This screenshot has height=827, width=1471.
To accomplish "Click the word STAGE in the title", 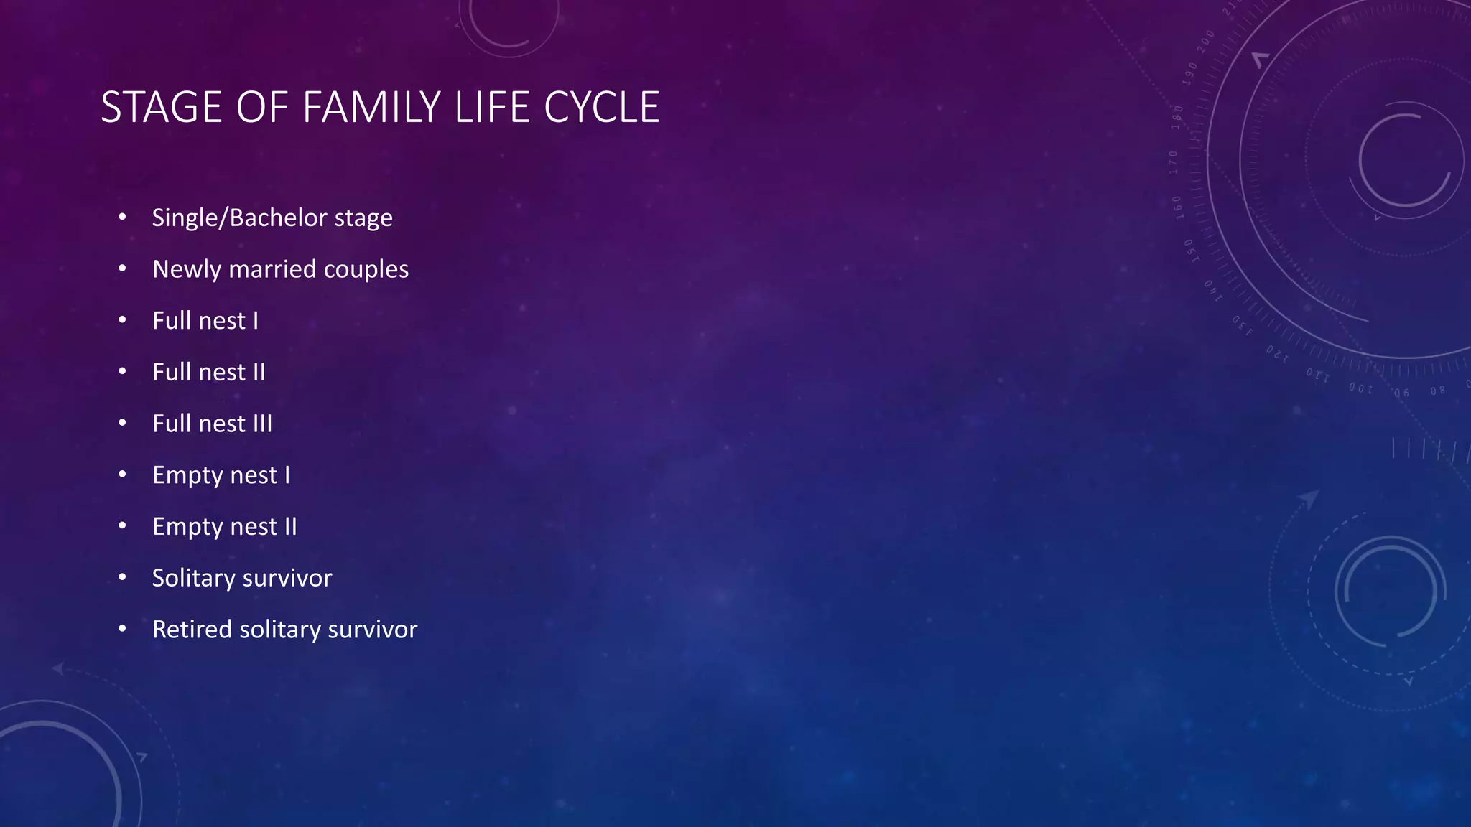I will (162, 108).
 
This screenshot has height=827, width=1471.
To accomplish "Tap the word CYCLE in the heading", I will (601, 108).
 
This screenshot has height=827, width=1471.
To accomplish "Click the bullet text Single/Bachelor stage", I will (272, 218).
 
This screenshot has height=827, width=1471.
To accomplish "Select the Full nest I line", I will (205, 321).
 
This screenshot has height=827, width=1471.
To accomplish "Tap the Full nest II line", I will (209, 373).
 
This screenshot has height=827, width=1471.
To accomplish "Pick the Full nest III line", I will (213, 424).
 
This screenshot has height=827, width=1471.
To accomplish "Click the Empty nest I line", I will (221, 475).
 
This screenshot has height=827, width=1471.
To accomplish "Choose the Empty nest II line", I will (225, 527).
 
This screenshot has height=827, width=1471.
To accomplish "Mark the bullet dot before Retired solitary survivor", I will (123, 629).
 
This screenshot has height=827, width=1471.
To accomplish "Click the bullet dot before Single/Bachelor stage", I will (123, 217).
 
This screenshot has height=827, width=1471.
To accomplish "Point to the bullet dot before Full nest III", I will (123, 423).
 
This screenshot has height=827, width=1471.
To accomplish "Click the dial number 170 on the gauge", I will (1174, 163).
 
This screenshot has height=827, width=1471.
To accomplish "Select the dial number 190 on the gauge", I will (1190, 74).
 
